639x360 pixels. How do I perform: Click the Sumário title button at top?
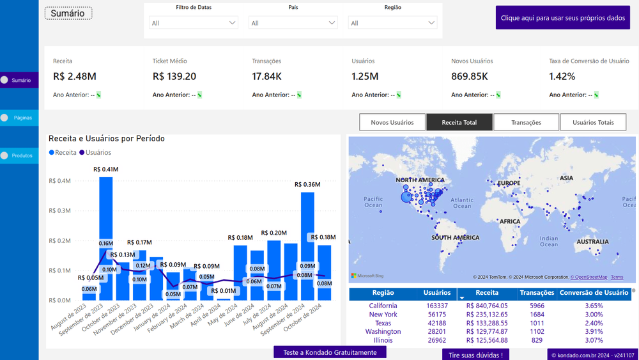(68, 13)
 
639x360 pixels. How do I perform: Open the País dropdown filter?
(293, 23)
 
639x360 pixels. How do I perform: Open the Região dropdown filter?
(392, 23)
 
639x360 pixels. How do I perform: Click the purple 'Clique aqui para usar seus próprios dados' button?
(562, 18)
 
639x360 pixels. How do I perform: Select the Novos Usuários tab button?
(392, 122)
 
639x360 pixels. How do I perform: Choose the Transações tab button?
(526, 122)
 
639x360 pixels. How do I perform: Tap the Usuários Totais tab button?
(593, 122)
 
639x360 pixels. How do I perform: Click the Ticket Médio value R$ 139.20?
(174, 77)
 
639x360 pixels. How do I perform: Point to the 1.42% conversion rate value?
(562, 77)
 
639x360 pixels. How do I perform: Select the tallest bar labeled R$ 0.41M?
(106, 238)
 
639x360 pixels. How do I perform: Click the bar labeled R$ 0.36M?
(307, 246)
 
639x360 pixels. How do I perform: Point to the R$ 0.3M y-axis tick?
(59, 210)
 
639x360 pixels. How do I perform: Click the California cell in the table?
(383, 306)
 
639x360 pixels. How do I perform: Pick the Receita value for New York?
(487, 315)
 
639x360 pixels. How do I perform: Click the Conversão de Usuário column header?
(594, 293)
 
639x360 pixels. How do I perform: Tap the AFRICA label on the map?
(510, 221)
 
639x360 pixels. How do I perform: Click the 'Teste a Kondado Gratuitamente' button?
(330, 353)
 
